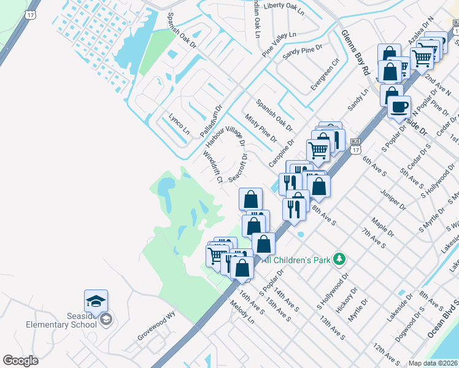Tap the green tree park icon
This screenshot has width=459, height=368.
pos(339,260)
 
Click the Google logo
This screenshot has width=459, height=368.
pos(20,361)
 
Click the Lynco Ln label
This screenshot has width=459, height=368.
pos(179,123)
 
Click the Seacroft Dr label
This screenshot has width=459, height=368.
pos(239,167)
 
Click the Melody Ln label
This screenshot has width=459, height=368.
pos(242,312)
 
